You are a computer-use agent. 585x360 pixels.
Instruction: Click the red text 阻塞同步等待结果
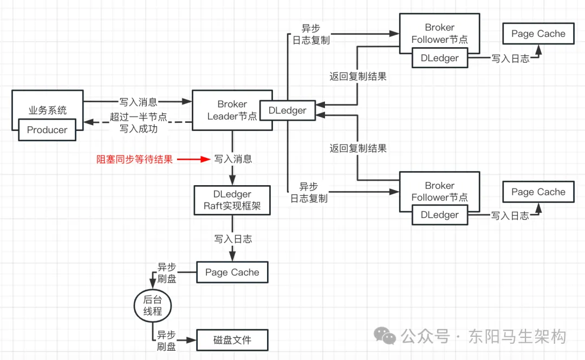(134, 159)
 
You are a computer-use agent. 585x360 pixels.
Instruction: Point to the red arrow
(193, 159)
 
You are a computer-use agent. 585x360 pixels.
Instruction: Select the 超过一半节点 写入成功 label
(139, 123)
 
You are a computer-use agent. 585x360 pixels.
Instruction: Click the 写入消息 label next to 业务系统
(139, 102)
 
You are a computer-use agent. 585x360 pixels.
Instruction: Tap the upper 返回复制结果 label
(358, 76)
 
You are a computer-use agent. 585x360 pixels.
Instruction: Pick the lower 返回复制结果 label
(358, 148)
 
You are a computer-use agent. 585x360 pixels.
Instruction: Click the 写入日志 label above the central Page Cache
(233, 239)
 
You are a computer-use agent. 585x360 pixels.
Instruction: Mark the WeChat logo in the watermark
(385, 336)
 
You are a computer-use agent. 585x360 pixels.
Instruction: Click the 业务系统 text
(47, 110)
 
